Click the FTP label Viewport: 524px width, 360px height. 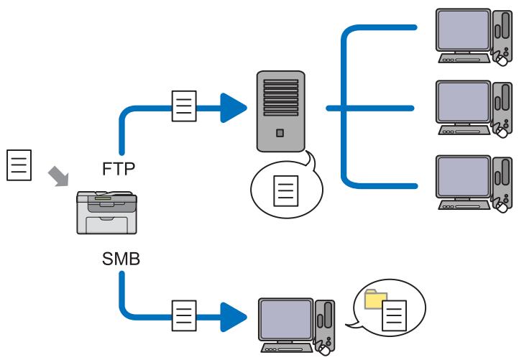[119, 169]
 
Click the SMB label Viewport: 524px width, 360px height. [121, 259]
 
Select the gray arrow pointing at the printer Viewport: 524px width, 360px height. [58, 176]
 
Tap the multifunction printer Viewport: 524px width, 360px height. [106, 213]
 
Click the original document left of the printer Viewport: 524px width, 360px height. [19, 165]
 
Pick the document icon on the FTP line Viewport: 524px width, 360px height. [184, 106]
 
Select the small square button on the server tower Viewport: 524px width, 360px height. [280, 133]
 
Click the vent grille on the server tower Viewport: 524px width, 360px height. [281, 98]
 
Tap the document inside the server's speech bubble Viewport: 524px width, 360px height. [286, 191]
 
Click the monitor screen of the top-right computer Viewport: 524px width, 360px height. [463, 30]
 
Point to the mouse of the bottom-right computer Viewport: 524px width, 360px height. [502, 207]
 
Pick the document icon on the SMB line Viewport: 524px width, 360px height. [184, 315]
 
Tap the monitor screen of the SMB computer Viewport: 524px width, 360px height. [286, 320]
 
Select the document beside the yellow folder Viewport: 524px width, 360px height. [395, 315]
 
